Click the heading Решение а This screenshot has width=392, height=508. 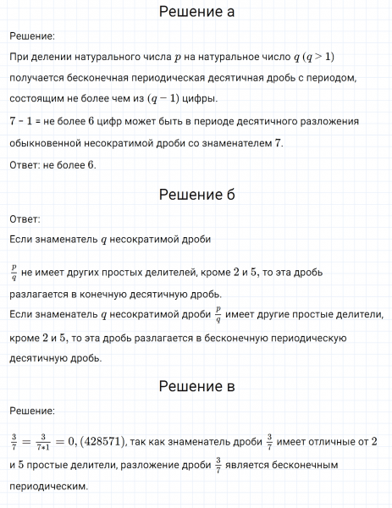pos(196,12)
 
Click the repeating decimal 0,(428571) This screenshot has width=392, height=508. pos(94,442)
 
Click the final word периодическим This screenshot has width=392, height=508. pos(48,488)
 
